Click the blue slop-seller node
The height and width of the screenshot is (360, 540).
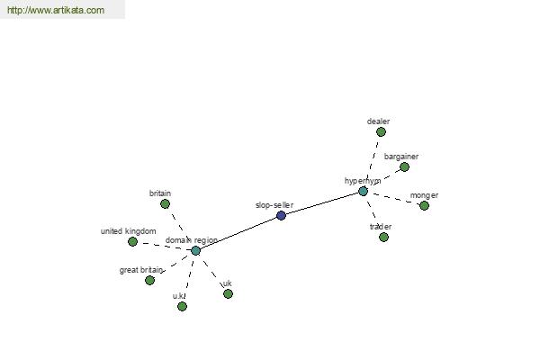281,216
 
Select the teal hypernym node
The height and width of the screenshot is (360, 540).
363,191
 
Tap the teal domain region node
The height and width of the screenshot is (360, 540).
195,250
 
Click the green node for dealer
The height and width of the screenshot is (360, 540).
381,131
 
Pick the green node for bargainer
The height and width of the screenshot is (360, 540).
404,167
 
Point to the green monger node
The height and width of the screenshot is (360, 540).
424,206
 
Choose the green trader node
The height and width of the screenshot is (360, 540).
383,237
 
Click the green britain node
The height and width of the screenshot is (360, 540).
166,204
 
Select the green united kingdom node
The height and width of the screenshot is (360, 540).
132,241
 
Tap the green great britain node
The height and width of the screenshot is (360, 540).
149,281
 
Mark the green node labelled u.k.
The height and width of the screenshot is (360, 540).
182,306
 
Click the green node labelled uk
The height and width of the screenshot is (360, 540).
228,294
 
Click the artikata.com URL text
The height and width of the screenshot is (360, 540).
56,10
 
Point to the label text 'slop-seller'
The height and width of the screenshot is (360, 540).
274,205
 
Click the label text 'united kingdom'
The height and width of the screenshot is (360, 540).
128,231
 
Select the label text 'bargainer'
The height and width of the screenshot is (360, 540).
401,157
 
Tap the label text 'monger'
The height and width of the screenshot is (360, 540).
424,195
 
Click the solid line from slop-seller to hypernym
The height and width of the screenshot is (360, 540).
322,203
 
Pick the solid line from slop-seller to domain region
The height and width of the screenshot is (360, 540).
238,233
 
